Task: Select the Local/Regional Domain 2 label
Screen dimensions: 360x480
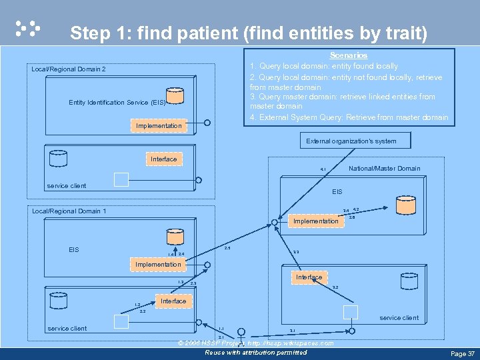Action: click(x=69, y=69)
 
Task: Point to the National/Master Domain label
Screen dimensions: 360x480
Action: click(x=384, y=169)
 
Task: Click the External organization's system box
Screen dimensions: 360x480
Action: click(x=351, y=141)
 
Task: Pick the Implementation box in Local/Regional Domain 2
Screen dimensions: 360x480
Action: click(x=158, y=125)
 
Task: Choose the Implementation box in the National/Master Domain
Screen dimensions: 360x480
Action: click(x=316, y=221)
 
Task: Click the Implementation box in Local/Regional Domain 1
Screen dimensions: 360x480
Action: click(x=158, y=265)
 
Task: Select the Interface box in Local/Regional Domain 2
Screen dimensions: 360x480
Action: click(x=163, y=159)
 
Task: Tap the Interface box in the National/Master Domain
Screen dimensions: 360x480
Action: click(x=309, y=277)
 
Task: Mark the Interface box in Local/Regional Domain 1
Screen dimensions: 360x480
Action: click(x=173, y=301)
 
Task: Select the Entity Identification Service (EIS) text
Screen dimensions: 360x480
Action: click(x=117, y=103)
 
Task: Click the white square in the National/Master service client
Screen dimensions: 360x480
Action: click(x=350, y=311)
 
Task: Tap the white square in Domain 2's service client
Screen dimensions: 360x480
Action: click(x=121, y=179)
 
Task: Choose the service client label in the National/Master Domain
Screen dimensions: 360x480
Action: click(x=399, y=318)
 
